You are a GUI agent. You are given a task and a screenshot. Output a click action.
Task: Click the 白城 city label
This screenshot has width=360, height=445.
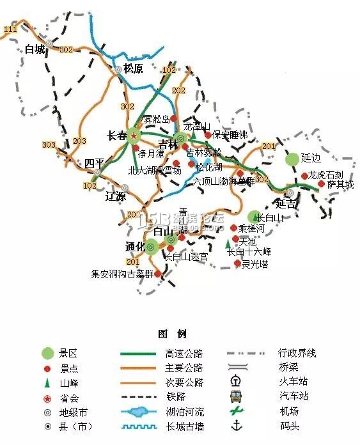coord(35,49)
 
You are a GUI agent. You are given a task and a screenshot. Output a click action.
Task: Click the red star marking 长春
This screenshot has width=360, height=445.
coord(133,136)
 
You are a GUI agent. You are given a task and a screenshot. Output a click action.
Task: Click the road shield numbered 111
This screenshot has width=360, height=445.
coord(10,30)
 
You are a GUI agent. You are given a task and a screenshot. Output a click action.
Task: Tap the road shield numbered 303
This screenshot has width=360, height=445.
coord(49,145)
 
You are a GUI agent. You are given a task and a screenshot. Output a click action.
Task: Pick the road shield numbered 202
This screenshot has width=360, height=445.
coord(178,91)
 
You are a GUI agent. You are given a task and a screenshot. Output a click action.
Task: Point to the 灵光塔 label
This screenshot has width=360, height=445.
coord(254,263)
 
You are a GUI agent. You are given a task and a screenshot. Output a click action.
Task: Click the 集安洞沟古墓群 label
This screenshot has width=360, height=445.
coord(121,274)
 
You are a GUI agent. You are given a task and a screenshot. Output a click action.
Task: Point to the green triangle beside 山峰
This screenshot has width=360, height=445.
coord(47,382)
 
